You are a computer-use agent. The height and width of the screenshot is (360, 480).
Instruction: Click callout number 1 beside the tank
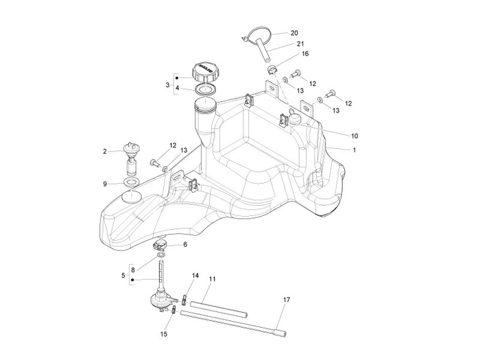click(335, 149)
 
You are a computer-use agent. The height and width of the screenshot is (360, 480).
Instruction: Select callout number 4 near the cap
click(177, 89)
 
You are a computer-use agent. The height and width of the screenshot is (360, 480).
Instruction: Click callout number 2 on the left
click(105, 152)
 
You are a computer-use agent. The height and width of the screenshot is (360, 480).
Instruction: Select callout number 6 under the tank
click(184, 244)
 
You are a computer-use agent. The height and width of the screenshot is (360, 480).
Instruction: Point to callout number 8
click(133, 269)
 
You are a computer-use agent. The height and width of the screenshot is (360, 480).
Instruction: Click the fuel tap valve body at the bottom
click(160, 299)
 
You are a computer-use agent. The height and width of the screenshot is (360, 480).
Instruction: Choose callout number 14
click(195, 276)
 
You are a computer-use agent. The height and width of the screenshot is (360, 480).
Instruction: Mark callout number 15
click(163, 335)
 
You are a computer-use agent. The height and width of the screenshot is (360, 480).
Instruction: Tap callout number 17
click(286, 300)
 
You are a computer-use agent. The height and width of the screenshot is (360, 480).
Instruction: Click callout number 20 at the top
click(294, 33)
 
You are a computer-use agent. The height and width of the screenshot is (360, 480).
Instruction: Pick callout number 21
click(300, 44)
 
